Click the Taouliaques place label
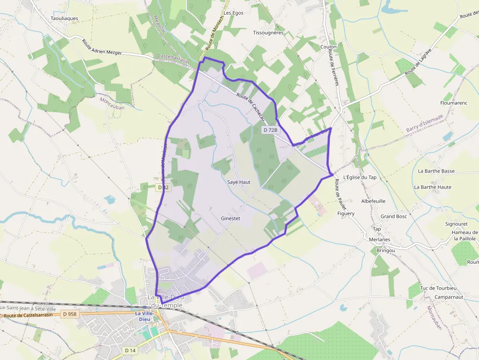coord(64,19)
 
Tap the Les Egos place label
coord(234,13)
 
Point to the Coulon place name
coord(328,47)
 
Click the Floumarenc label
coord(454,103)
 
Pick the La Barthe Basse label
coord(436,171)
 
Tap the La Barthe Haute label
coord(433,187)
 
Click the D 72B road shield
coord(270,130)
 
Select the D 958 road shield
coord(70,314)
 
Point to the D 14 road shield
coord(130,350)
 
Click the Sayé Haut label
coord(239,182)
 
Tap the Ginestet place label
coord(231,218)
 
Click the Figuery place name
coord(346,213)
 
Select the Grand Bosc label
coord(393,216)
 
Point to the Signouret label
coord(457,224)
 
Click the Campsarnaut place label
coord(449,296)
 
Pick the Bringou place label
coord(386,251)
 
